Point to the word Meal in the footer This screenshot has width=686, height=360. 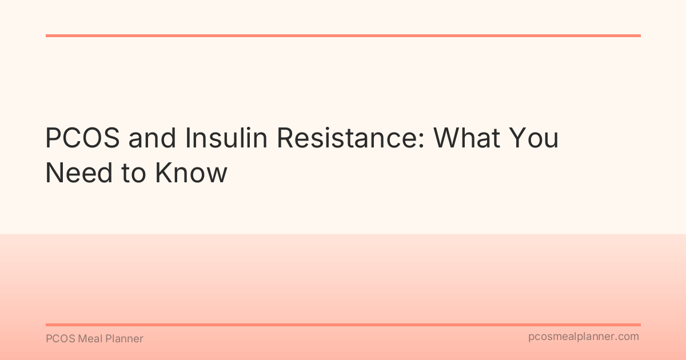(89, 339)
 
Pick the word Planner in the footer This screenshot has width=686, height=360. (124, 339)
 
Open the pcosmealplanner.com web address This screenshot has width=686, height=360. (584, 337)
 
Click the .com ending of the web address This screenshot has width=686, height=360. (627, 337)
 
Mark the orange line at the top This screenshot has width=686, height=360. (343, 35)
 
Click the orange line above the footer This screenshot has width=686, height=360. (343, 325)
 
